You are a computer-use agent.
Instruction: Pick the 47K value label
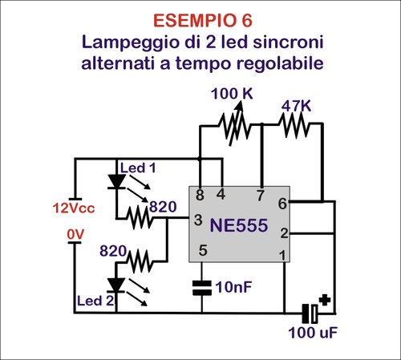pyautogui.click(x=296, y=105)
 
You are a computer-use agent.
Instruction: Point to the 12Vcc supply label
pyautogui.click(x=75, y=208)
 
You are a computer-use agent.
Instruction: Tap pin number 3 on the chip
pyautogui.click(x=197, y=220)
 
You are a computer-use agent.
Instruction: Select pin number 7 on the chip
pyautogui.click(x=260, y=195)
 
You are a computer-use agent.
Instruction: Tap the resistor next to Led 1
pyautogui.click(x=141, y=216)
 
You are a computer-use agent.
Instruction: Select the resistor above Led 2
pyautogui.click(x=141, y=260)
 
